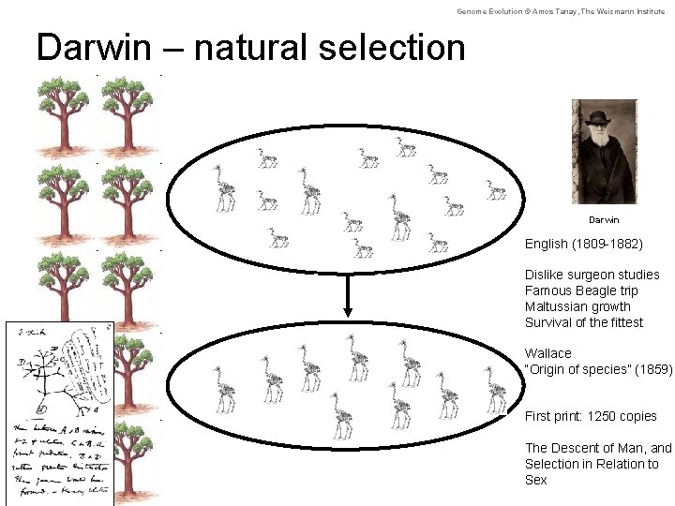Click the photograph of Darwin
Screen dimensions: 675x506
604,152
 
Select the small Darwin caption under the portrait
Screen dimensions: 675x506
604,220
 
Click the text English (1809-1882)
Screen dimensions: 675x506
583,244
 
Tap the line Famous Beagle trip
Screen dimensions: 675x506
581,290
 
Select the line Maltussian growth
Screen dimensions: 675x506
577,306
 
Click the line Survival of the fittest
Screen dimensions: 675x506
584,322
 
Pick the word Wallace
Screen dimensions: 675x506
547,353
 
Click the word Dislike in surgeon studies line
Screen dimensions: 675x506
544,275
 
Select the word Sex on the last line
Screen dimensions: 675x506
535,480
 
